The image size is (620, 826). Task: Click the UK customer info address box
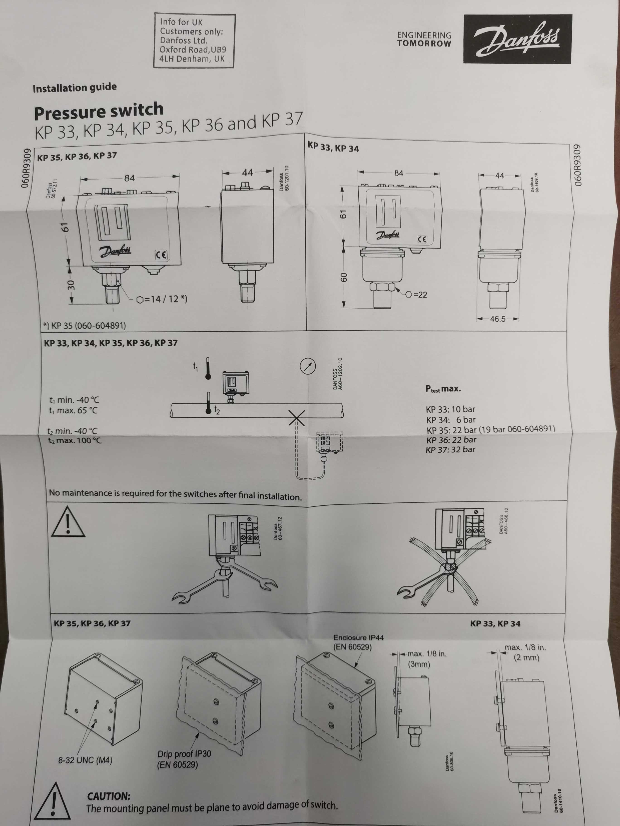click(194, 41)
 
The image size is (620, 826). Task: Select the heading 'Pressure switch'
click(99, 111)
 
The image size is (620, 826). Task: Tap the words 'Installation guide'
click(75, 88)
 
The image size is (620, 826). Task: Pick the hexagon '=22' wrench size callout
click(416, 295)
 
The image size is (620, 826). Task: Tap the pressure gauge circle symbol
click(308, 367)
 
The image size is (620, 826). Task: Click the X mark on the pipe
click(297, 418)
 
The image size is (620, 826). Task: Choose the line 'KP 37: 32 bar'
click(450, 449)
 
